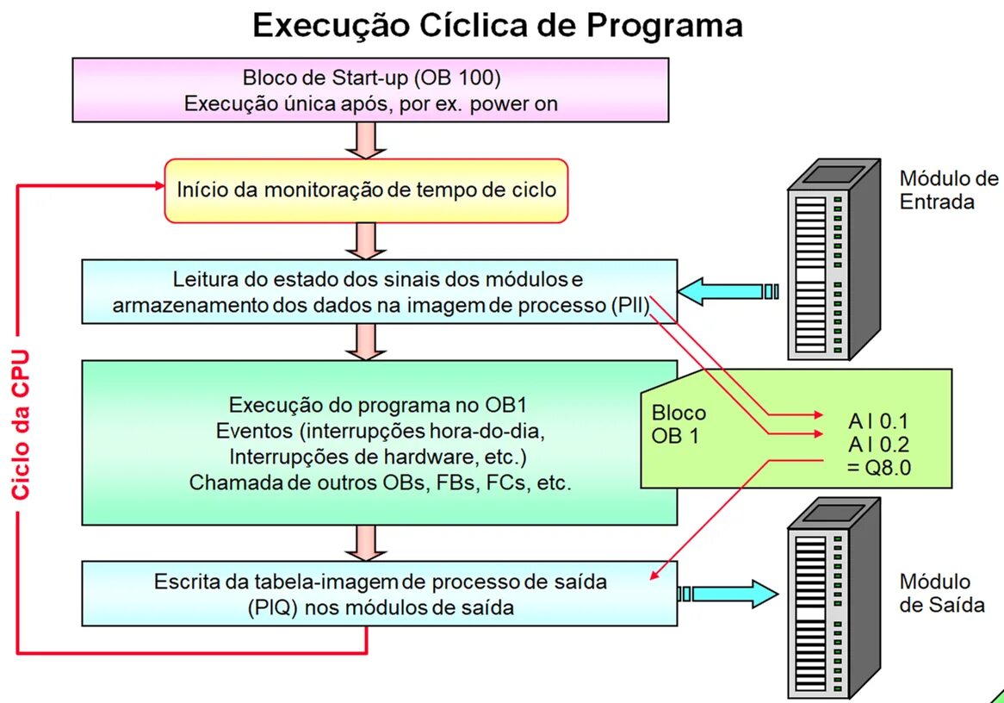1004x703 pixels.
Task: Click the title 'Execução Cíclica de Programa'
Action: (x=497, y=26)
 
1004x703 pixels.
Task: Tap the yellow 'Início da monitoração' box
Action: (x=367, y=190)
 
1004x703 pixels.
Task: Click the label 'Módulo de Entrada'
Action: (x=948, y=190)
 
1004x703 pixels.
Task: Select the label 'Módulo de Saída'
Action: (x=941, y=593)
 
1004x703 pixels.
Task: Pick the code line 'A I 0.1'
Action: (x=878, y=422)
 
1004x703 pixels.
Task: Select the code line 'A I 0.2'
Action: (x=878, y=445)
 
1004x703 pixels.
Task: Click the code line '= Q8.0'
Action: (x=878, y=468)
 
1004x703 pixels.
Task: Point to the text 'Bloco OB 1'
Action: (x=679, y=424)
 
